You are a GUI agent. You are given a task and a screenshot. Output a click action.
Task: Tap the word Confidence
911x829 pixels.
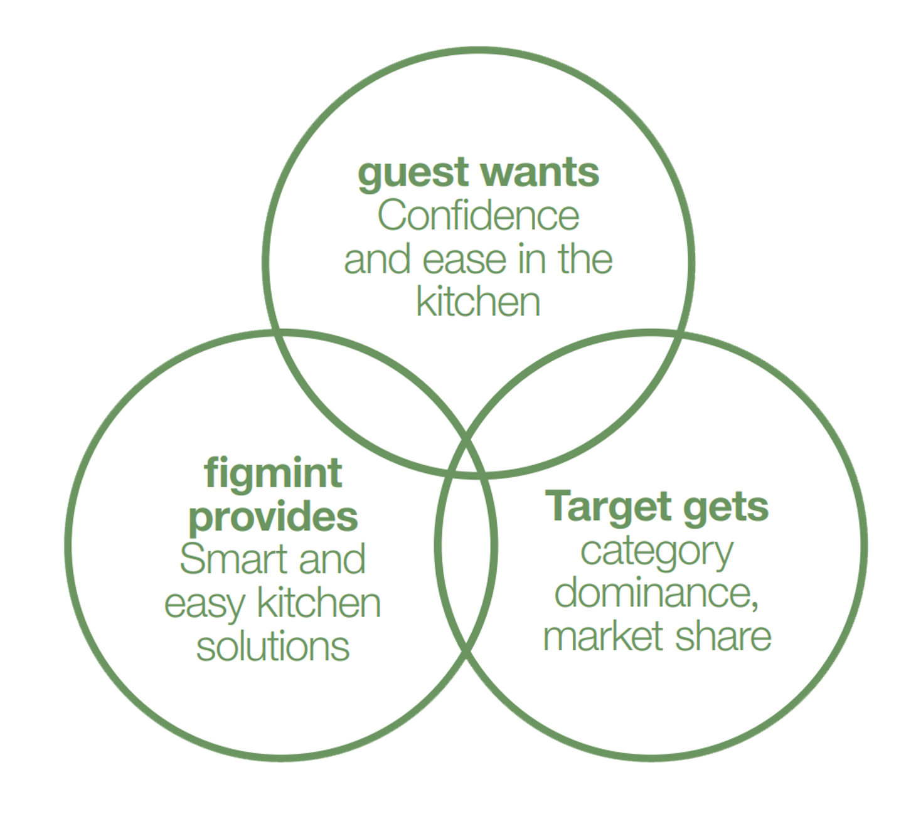pyautogui.click(x=478, y=216)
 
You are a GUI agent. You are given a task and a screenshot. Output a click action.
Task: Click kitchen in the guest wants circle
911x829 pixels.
pyautogui.click(x=478, y=302)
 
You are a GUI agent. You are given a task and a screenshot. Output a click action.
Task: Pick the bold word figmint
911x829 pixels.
pyautogui.click(x=274, y=473)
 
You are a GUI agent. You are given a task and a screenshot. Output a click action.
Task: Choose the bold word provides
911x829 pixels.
pyautogui.click(x=274, y=518)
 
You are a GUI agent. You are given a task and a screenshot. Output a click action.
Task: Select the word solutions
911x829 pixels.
pyautogui.click(x=273, y=647)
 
